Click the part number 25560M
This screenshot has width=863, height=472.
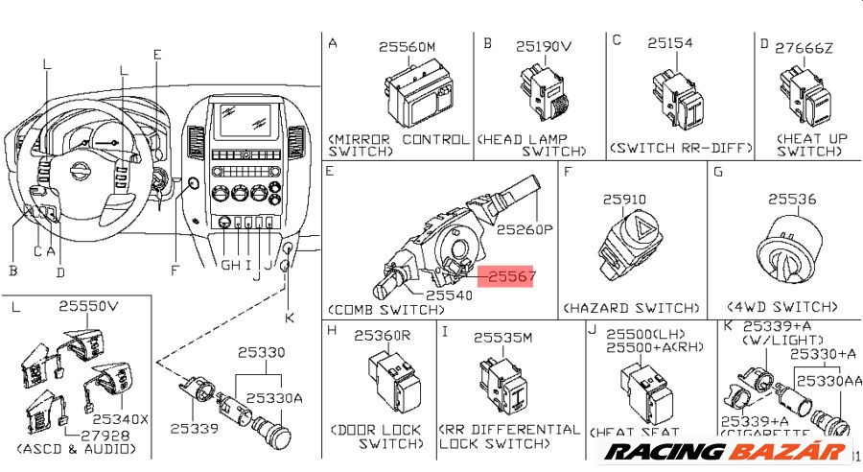(407, 46)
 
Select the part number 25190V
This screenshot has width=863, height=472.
(543, 46)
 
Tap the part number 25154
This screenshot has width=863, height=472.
(669, 44)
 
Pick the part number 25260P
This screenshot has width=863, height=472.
(525, 230)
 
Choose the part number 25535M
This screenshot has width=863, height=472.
(501, 338)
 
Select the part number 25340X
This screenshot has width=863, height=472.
(120, 419)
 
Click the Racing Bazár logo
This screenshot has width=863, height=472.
(729, 452)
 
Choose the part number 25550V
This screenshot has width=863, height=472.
(88, 307)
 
